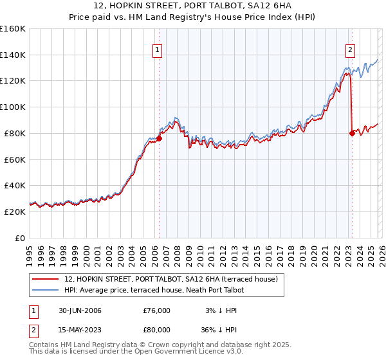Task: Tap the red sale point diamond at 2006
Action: pos(159,138)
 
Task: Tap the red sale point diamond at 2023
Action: pos(352,133)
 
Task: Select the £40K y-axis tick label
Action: pos(15,185)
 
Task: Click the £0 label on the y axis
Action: pos(20,238)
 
